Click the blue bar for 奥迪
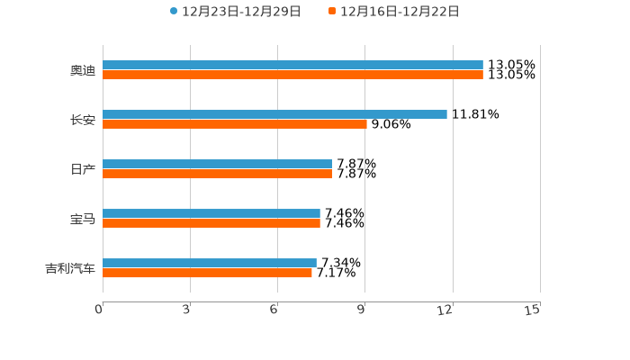coord(292,66)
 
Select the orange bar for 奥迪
coord(292,76)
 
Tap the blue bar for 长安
coord(274,115)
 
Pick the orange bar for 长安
coord(235,125)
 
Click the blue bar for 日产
coord(217,165)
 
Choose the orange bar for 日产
coord(217,175)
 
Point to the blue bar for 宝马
coord(211,214)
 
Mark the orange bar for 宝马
coord(211,224)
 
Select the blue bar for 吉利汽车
coord(210,264)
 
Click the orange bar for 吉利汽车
coord(207,274)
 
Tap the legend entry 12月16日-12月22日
coord(399,12)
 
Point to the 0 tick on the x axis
coord(100,310)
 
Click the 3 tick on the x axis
coord(186,310)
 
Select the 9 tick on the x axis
coord(361,310)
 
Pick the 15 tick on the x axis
coord(533,310)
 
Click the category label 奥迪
coord(83,70)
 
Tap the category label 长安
coord(83,120)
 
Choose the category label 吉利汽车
coord(70,268)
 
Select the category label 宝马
coord(83,219)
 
